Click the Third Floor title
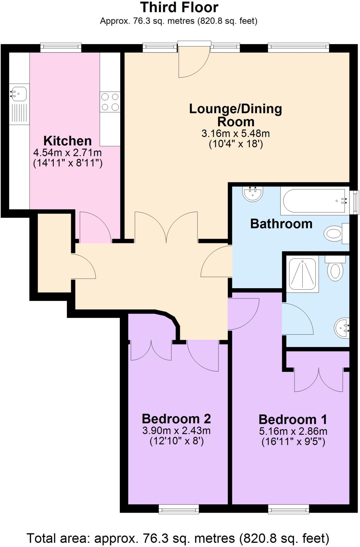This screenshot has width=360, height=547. tap(179, 7)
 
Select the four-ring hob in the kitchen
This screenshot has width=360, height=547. tap(110, 102)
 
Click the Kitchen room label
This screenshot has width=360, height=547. tap(68, 141)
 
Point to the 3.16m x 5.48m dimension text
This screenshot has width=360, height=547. tap(235, 134)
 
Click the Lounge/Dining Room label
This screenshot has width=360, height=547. tap(235, 115)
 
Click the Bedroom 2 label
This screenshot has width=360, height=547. tap(176, 419)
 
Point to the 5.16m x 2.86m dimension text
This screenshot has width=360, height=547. tap(293, 431)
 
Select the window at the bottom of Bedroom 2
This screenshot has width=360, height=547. tap(179, 509)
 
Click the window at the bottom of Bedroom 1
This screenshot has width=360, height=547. tap(288, 509)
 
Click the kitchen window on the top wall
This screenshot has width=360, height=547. tap(61, 48)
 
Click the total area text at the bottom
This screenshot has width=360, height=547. tap(178, 538)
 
